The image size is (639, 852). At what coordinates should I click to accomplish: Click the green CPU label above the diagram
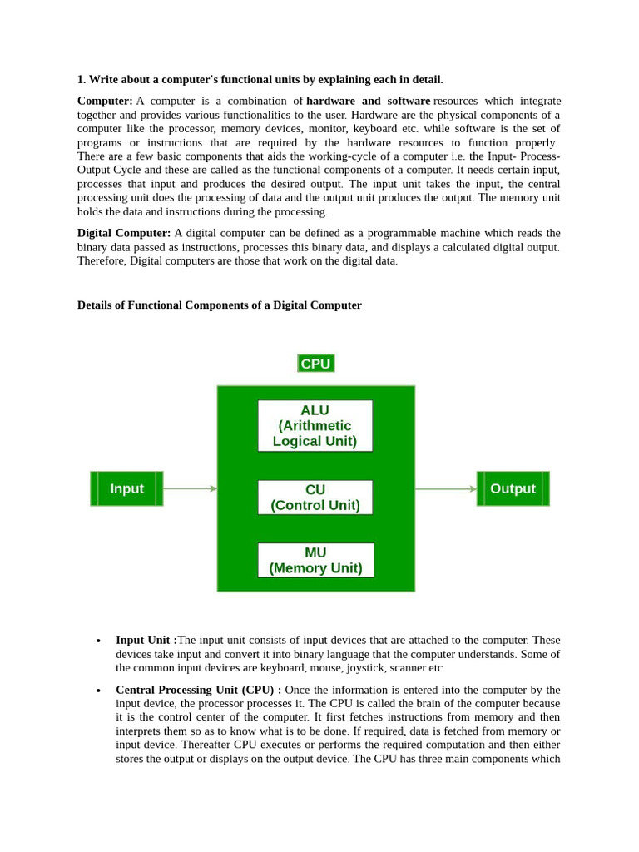[x=315, y=364]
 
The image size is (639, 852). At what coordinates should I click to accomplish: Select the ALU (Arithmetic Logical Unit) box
[x=315, y=426]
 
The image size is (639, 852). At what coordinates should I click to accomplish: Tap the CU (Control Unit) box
[x=315, y=498]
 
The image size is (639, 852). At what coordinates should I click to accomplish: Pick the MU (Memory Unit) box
[x=315, y=560]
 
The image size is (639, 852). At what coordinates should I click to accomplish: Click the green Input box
[x=126, y=488]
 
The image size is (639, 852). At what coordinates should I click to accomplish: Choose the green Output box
[x=513, y=488]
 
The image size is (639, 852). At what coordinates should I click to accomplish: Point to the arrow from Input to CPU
[x=190, y=488]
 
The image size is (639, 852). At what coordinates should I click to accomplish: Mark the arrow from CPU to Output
[x=445, y=488]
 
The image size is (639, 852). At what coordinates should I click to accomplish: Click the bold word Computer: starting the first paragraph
[x=105, y=101]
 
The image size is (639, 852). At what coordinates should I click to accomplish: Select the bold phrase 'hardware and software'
[x=368, y=101]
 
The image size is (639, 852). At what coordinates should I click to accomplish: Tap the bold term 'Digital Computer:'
[x=124, y=233]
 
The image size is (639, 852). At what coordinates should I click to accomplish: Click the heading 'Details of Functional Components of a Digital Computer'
[x=220, y=305]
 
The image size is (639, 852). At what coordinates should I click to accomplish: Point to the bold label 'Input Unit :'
[x=146, y=640]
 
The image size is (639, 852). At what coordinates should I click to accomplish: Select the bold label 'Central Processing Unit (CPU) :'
[x=198, y=690]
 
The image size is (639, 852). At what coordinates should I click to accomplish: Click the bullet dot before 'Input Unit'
[x=98, y=641]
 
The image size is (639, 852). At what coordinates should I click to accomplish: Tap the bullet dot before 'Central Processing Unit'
[x=98, y=691]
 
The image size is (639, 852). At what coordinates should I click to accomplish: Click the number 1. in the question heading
[x=82, y=80]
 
